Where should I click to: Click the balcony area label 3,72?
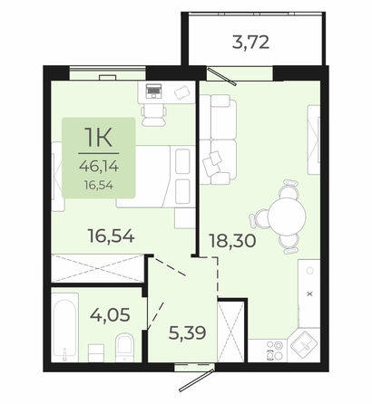[x=250, y=43]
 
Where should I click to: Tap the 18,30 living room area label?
[x=232, y=241]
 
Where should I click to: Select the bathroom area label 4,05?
[x=110, y=315]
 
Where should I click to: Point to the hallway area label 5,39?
[x=188, y=333]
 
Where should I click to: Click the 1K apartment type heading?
[x=98, y=138]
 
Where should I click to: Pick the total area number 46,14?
[x=99, y=166]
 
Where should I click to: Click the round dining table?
[x=287, y=216]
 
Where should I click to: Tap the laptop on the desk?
[x=153, y=91]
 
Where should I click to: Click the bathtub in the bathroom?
[x=64, y=327]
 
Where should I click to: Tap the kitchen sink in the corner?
[x=304, y=344]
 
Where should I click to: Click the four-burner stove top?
[x=275, y=351]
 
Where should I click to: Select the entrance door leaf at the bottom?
[x=197, y=380]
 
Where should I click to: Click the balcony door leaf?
[x=221, y=76]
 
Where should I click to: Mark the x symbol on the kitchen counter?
[x=309, y=293]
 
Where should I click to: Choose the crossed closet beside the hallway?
[x=230, y=332]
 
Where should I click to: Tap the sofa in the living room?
[x=218, y=139]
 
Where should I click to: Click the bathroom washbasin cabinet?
[x=96, y=352]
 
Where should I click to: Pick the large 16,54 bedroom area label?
[x=111, y=236]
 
